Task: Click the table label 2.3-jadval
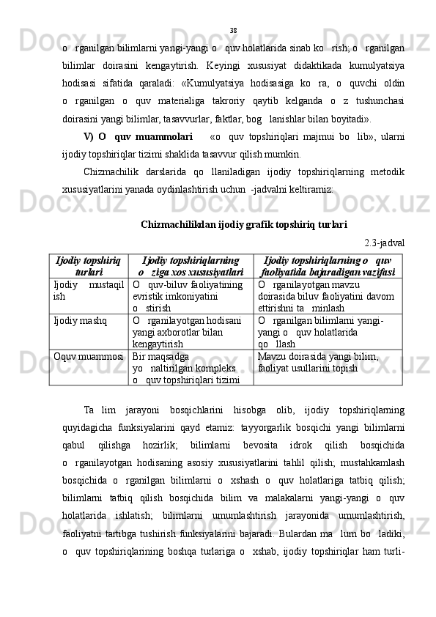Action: click(x=385, y=243)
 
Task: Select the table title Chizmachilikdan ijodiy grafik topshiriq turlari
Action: click(x=243, y=223)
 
